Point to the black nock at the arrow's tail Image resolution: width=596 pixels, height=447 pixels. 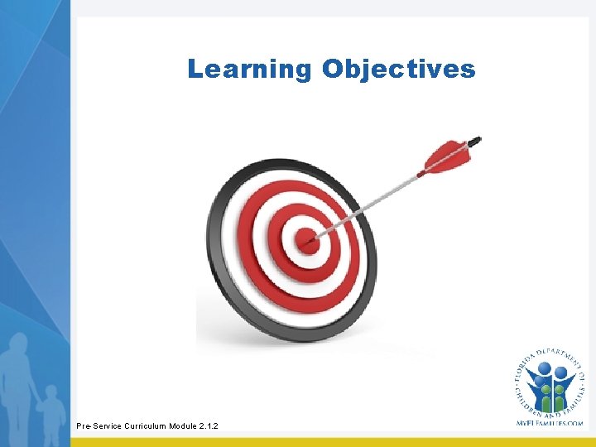(475, 140)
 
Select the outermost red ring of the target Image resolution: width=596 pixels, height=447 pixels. (248, 248)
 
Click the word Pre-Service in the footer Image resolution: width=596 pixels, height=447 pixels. (98, 425)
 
